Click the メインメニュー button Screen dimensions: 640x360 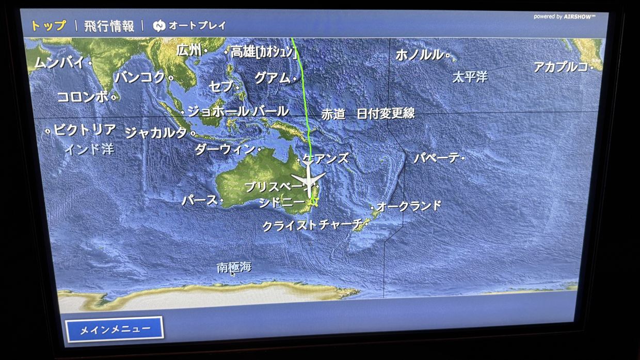point(114,329)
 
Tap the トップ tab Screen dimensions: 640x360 point(49,25)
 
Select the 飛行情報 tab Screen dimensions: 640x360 point(109,26)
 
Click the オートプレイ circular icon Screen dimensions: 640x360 point(159,26)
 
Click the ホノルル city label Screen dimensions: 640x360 point(419,55)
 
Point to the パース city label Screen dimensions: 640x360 point(199,200)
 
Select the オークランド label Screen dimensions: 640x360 point(409,206)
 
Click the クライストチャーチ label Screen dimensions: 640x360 point(312,225)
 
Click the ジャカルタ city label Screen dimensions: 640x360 point(156,133)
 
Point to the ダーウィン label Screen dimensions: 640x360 point(225,150)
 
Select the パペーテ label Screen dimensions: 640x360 point(436,158)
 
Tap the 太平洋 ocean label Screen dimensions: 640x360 point(470,77)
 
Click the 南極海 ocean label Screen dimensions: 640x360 point(234,267)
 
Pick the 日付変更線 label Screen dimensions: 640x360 point(386,114)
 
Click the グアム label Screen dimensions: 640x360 point(272,78)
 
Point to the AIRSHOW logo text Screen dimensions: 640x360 point(580,17)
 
